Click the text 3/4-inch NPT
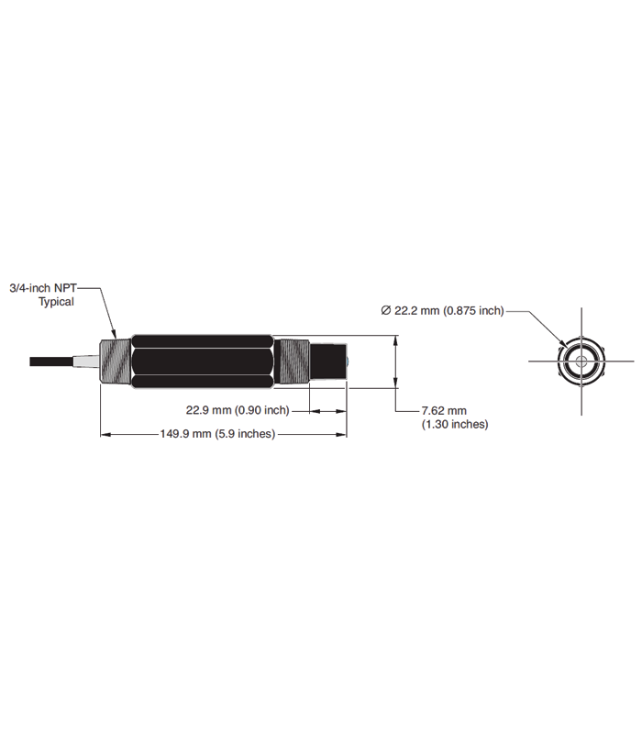[43, 288]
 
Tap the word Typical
[56, 302]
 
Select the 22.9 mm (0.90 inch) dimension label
[238, 410]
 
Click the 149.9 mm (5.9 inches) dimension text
[217, 434]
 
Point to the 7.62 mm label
[444, 410]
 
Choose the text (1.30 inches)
[455, 424]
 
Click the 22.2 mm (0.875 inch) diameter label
[448, 310]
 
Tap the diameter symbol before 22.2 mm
[385, 310]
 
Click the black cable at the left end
[51, 361]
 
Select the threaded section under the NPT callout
[116, 361]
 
